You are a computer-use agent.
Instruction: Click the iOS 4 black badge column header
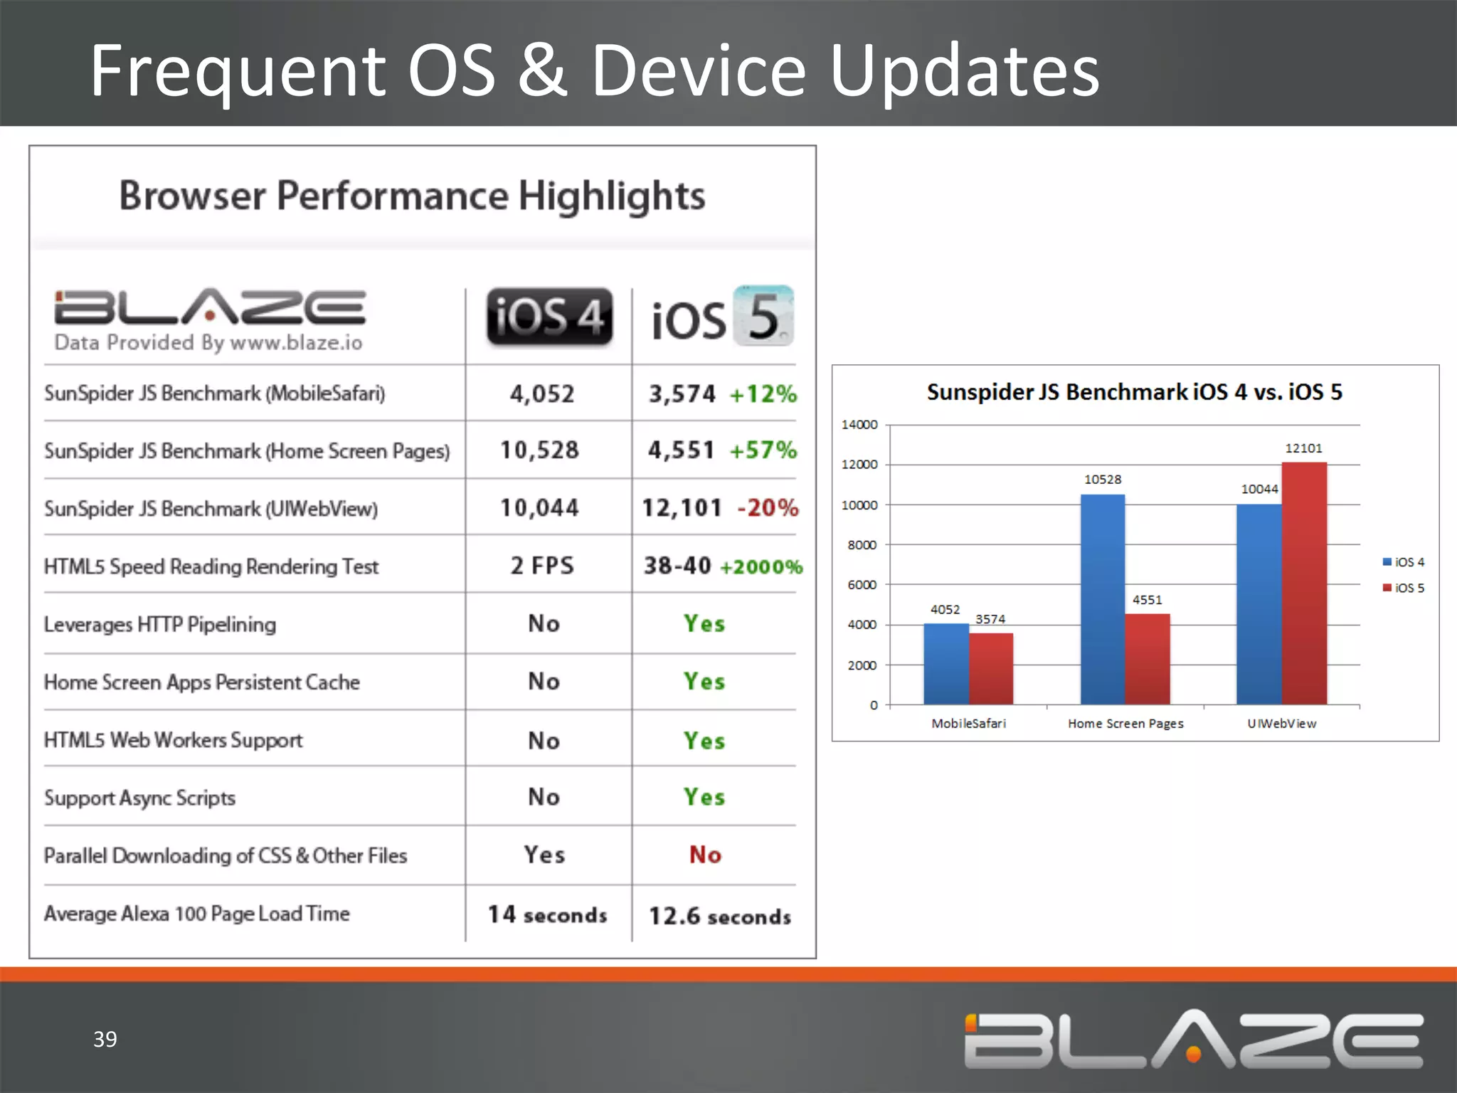(x=549, y=317)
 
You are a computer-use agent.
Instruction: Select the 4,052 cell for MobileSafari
(x=542, y=394)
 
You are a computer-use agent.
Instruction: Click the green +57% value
(x=763, y=450)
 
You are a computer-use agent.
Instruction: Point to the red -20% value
(x=768, y=508)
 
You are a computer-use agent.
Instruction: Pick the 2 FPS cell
(x=542, y=566)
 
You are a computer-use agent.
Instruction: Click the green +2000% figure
(x=761, y=567)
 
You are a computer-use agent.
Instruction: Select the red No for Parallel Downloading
(x=705, y=855)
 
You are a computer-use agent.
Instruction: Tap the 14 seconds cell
(x=547, y=915)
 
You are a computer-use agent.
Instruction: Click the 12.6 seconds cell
(x=720, y=917)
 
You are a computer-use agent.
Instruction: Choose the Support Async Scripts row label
(x=140, y=798)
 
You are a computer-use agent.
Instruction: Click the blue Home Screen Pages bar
(x=1103, y=599)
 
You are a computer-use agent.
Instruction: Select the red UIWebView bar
(x=1304, y=584)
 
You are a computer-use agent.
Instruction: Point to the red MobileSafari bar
(x=991, y=669)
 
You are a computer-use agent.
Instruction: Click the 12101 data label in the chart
(x=1303, y=448)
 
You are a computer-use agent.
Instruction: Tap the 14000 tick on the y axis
(x=859, y=425)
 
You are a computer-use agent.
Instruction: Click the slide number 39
(x=105, y=1039)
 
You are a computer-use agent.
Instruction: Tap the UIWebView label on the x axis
(x=1282, y=724)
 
